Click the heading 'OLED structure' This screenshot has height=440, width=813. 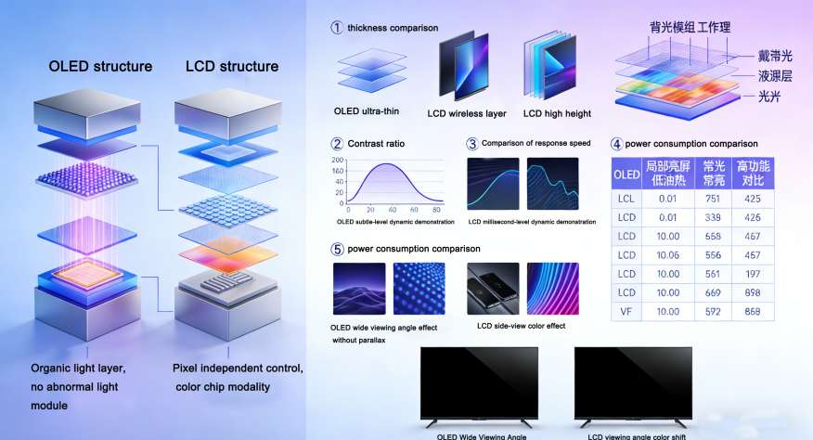(x=100, y=67)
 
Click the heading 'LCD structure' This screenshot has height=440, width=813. (x=231, y=67)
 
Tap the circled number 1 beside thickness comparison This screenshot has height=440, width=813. (x=336, y=28)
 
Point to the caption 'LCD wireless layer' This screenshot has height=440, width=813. (x=466, y=113)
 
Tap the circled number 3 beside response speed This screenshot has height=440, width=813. (x=471, y=144)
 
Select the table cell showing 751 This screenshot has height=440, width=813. (x=713, y=199)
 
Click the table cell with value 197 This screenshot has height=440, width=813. (x=752, y=274)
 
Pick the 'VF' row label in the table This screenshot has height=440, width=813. (x=626, y=311)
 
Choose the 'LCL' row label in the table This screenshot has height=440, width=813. (x=626, y=199)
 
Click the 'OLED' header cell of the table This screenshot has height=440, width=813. (x=626, y=174)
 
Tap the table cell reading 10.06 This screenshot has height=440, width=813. (x=667, y=255)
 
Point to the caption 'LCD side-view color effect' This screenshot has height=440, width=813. (x=521, y=326)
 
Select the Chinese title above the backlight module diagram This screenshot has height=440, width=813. (x=690, y=29)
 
